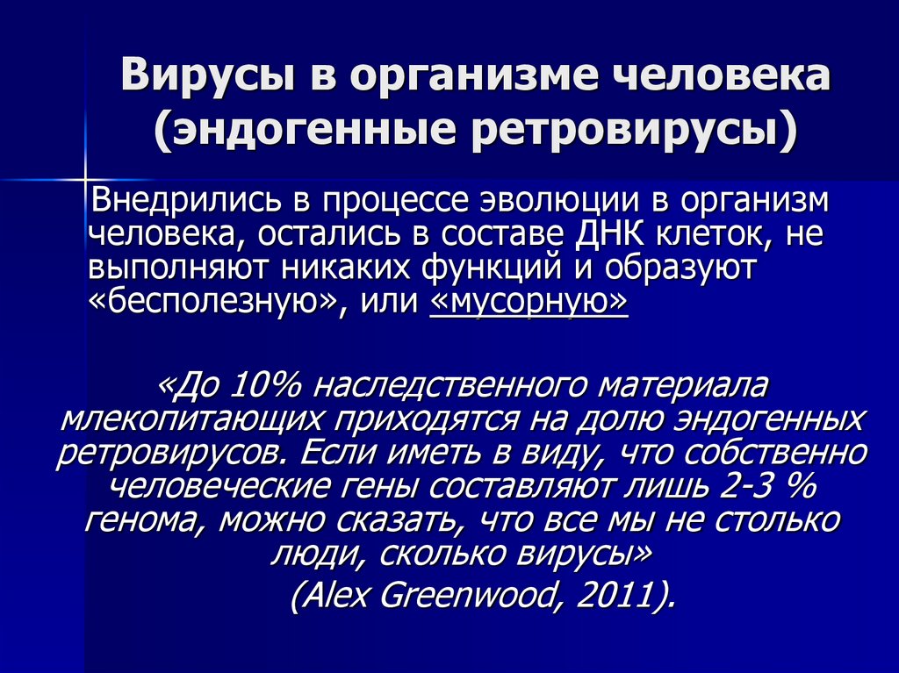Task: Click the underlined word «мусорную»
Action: (529, 301)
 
